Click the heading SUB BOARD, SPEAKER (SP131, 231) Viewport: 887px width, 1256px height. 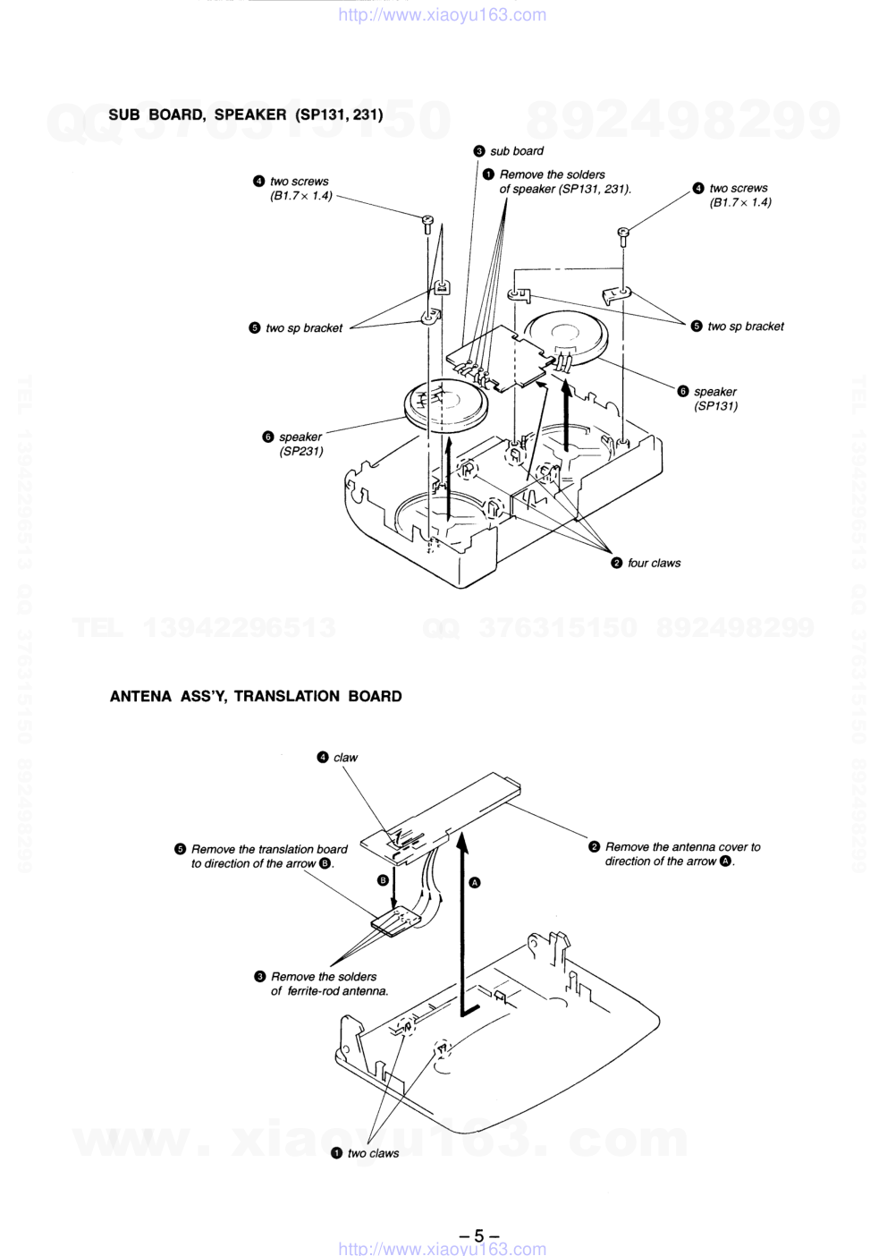coord(245,115)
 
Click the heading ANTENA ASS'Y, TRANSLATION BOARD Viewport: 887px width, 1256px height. coord(256,696)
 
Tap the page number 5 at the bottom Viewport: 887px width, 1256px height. coord(478,1235)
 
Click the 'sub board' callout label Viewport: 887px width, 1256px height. coord(517,151)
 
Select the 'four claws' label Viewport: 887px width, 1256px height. coord(654,563)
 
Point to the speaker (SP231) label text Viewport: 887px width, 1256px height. coord(300,444)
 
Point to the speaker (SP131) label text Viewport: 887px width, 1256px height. coord(715,399)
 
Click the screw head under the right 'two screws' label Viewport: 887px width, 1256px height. coord(623,232)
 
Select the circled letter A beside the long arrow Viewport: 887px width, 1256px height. coord(475,883)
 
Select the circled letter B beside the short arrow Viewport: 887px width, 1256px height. coord(383,880)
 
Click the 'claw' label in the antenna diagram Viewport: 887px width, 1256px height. coord(345,758)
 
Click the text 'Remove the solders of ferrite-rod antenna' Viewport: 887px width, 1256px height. coord(329,984)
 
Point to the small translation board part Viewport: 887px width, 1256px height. coord(396,923)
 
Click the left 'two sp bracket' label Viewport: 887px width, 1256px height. coord(304,328)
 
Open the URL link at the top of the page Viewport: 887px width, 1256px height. coord(443,14)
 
